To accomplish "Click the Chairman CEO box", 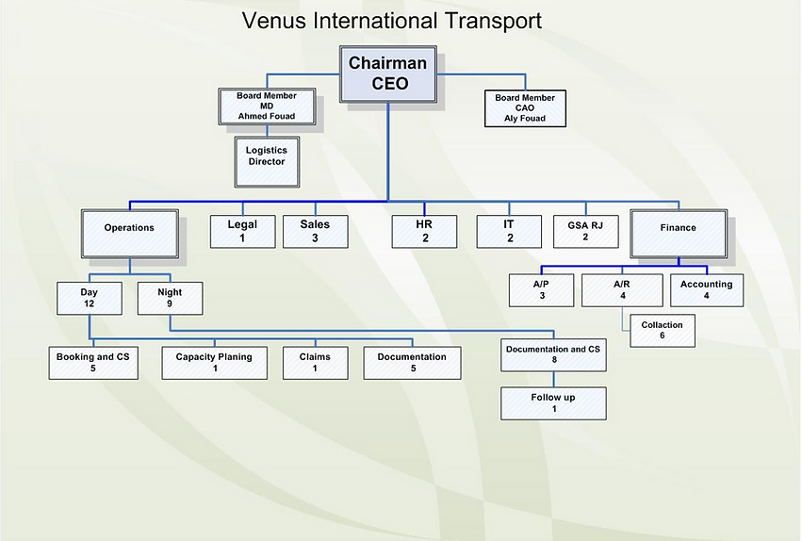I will pyautogui.click(x=387, y=74).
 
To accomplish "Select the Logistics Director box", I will pyautogui.click(x=266, y=156).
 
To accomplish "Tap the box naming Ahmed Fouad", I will pyautogui.click(x=266, y=107).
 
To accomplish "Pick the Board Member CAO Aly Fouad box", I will pyautogui.click(x=525, y=107).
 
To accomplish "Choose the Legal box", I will pyautogui.click(x=241, y=231).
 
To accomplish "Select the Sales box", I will pyautogui.click(x=315, y=231).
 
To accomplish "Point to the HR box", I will pyautogui.click(x=424, y=231).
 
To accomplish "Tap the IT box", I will pyautogui.click(x=509, y=231).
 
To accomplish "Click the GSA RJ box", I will pyautogui.click(x=584, y=231).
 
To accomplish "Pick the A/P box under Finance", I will pyautogui.click(x=541, y=289).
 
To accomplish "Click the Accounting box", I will pyautogui.click(x=706, y=289).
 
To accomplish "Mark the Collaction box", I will pyautogui.click(x=662, y=330).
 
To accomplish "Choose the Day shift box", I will pyautogui.click(x=90, y=298).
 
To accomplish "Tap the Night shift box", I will pyautogui.click(x=170, y=298).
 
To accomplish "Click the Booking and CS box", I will pyautogui.click(x=92, y=363).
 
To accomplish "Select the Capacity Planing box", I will pyautogui.click(x=215, y=363).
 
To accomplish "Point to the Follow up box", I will pyautogui.click(x=553, y=402).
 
